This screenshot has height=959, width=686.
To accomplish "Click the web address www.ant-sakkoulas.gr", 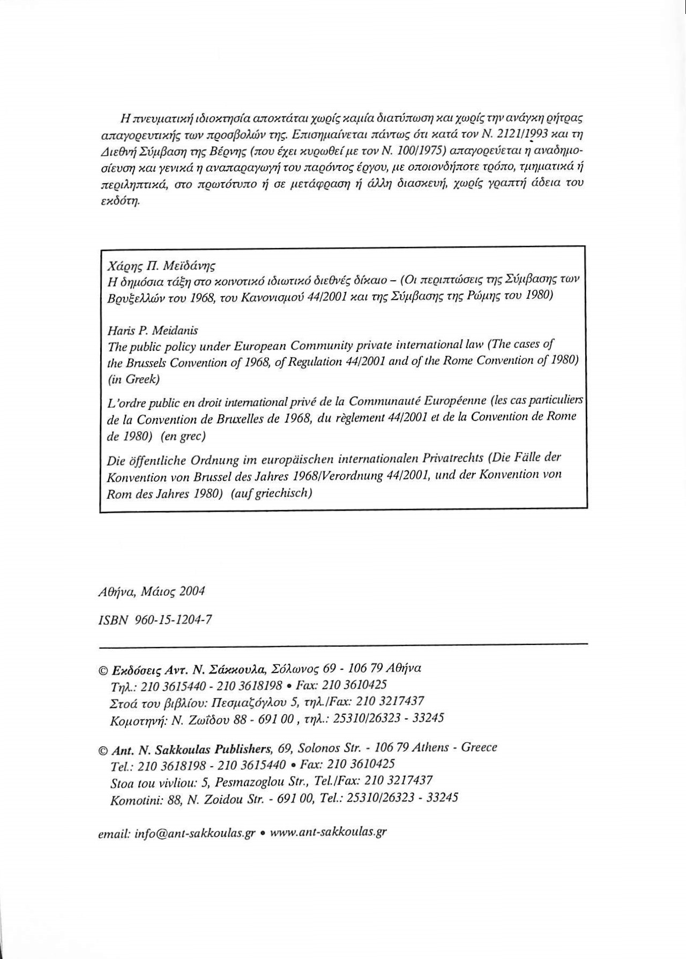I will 328,832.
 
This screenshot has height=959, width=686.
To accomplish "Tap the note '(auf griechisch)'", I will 271,493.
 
